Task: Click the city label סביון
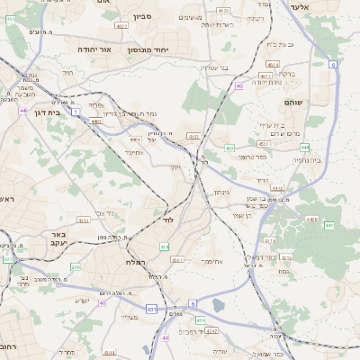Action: tap(143, 17)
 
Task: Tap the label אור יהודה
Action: tap(94, 49)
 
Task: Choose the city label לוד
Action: tap(167, 220)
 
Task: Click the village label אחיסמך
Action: tap(211, 261)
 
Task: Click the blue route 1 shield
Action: tap(76, 111)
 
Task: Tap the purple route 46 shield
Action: tap(238, 86)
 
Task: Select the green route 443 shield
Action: tap(328, 225)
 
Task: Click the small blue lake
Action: tap(219, 305)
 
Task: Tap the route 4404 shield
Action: tap(136, 139)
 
